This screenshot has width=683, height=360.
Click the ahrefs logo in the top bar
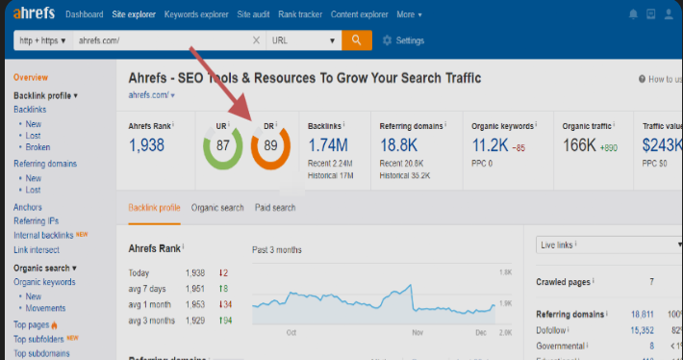pyautogui.click(x=35, y=14)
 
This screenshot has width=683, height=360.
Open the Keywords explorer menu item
pyautogui.click(x=196, y=14)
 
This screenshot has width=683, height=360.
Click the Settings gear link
pyautogui.click(x=403, y=40)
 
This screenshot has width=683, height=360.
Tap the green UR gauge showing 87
pyautogui.click(x=222, y=145)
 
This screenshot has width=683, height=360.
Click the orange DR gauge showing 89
pyautogui.click(x=270, y=145)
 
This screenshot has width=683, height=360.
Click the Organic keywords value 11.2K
pyautogui.click(x=492, y=145)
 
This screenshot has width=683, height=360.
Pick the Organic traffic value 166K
pyautogui.click(x=581, y=145)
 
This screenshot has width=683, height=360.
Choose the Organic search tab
pyautogui.click(x=217, y=207)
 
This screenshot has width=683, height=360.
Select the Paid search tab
pyautogui.click(x=275, y=207)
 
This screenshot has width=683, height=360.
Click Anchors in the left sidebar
pyautogui.click(x=28, y=207)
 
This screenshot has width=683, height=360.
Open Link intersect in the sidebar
pyautogui.click(x=37, y=250)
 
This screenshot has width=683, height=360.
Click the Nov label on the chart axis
pyautogui.click(x=417, y=332)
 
